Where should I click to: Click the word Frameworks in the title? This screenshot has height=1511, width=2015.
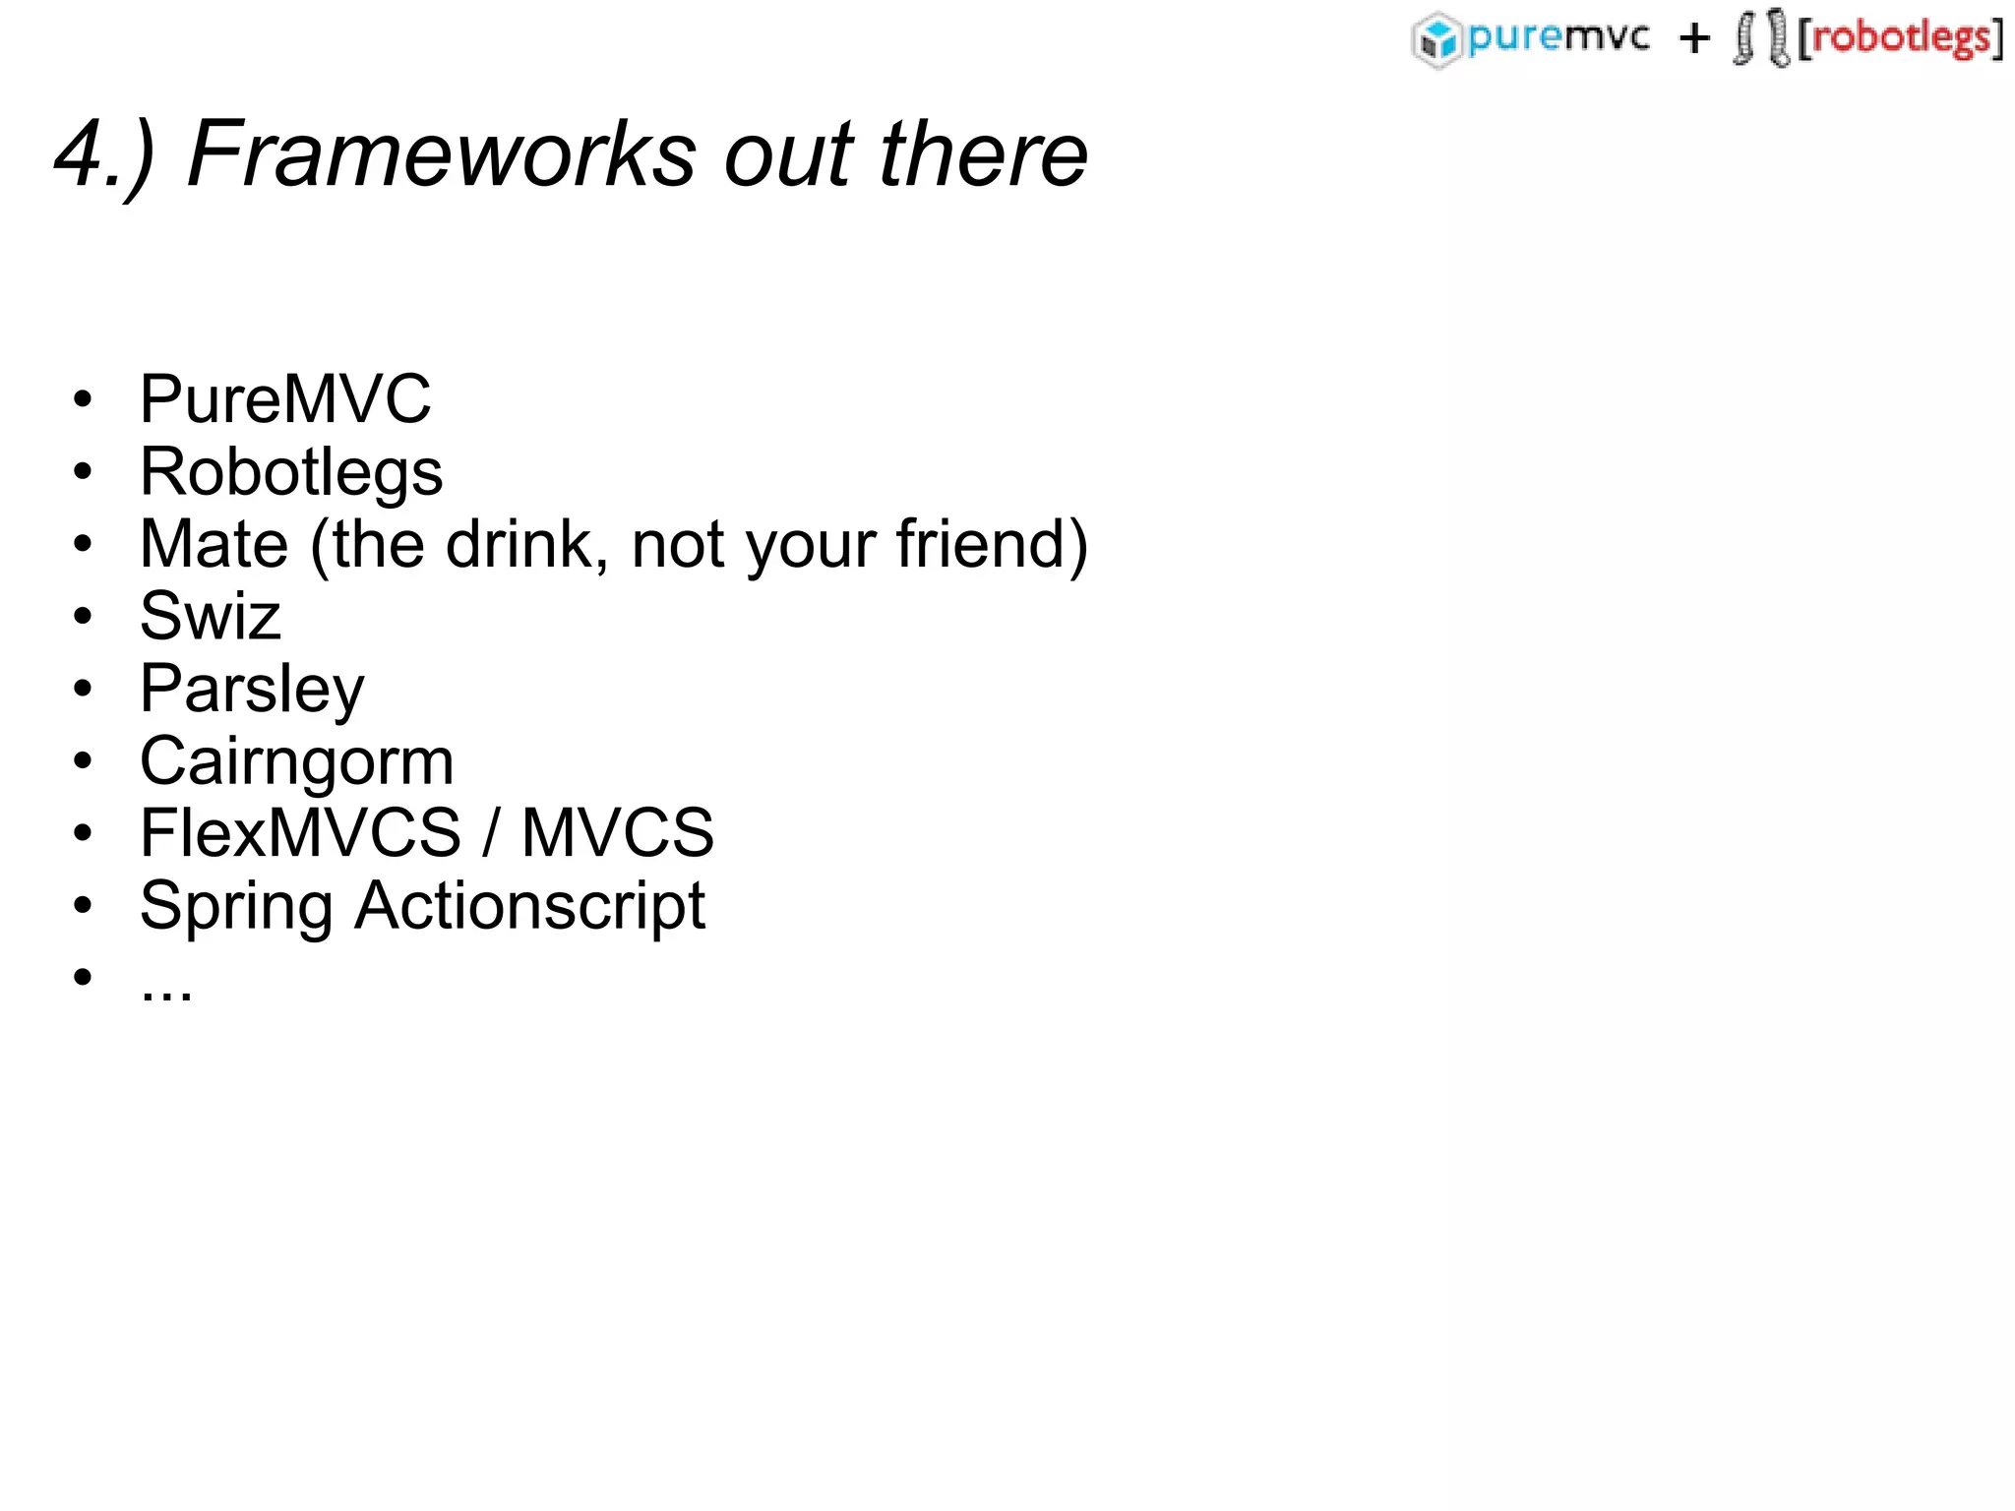click(x=441, y=154)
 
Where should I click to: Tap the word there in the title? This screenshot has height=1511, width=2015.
click(x=983, y=154)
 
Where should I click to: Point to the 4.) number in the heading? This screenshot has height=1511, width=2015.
click(x=103, y=154)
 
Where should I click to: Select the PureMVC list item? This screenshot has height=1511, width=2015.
click(x=285, y=399)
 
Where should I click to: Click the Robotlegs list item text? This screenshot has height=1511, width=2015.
click(x=291, y=472)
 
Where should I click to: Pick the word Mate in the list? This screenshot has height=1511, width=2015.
click(x=214, y=544)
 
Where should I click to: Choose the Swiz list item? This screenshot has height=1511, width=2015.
click(x=211, y=617)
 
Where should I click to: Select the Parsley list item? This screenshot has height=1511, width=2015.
click(x=252, y=690)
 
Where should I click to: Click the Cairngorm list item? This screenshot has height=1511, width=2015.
click(x=297, y=761)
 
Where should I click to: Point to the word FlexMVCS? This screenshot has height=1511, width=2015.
click(x=300, y=833)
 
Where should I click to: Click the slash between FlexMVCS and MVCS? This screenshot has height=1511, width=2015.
click(x=490, y=833)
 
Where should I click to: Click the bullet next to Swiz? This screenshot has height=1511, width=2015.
click(x=83, y=617)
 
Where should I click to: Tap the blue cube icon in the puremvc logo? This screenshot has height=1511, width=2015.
click(x=1437, y=40)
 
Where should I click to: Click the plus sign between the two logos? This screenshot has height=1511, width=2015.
click(x=1694, y=39)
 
